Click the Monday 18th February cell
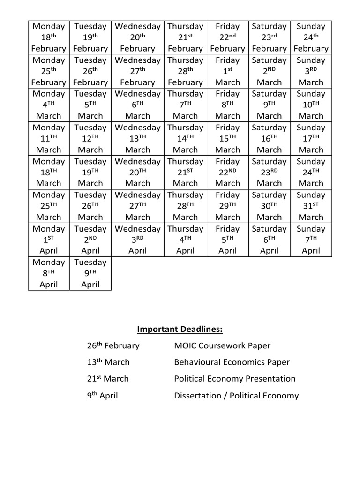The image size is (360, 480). (49, 37)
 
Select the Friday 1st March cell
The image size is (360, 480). (227, 71)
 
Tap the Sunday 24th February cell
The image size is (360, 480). (311, 37)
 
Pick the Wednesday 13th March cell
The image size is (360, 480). (137, 139)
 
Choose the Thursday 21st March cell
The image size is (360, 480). (185, 172)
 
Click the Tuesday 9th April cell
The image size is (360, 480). (90, 273)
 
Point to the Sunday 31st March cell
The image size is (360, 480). (311, 206)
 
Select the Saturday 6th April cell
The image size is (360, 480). (269, 240)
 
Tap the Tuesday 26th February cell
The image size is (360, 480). (90, 71)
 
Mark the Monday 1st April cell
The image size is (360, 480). (49, 240)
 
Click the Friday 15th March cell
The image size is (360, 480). (227, 139)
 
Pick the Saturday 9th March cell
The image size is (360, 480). (269, 105)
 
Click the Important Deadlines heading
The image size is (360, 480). (180, 330)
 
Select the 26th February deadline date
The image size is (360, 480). (113, 346)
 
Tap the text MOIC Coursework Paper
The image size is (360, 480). (222, 346)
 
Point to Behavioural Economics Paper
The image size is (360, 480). (232, 362)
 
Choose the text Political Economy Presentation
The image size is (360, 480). (235, 379)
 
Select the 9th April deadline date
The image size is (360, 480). (102, 396)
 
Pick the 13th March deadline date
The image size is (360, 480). (108, 362)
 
